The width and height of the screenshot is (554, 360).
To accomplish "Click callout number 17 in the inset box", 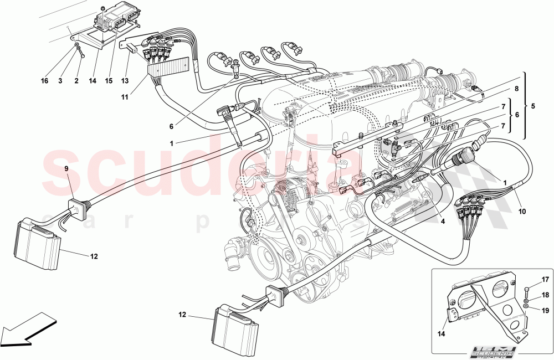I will click(545, 280).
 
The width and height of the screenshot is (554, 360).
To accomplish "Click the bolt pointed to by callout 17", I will click(526, 289).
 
